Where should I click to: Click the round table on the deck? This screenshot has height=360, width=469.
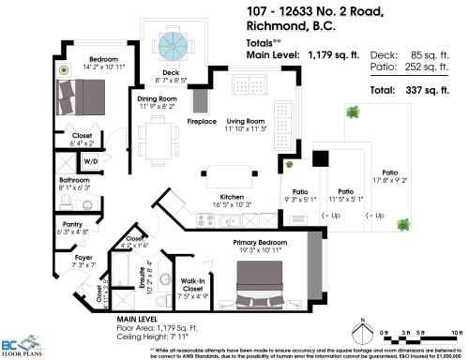click(173, 44)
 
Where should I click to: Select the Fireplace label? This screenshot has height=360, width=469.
click(202, 121)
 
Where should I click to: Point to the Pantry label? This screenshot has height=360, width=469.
click(72, 224)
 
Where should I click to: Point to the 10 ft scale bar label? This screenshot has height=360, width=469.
click(456, 333)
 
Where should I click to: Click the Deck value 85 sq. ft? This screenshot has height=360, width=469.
click(436, 55)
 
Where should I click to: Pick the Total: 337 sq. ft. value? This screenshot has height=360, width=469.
click(434, 91)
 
